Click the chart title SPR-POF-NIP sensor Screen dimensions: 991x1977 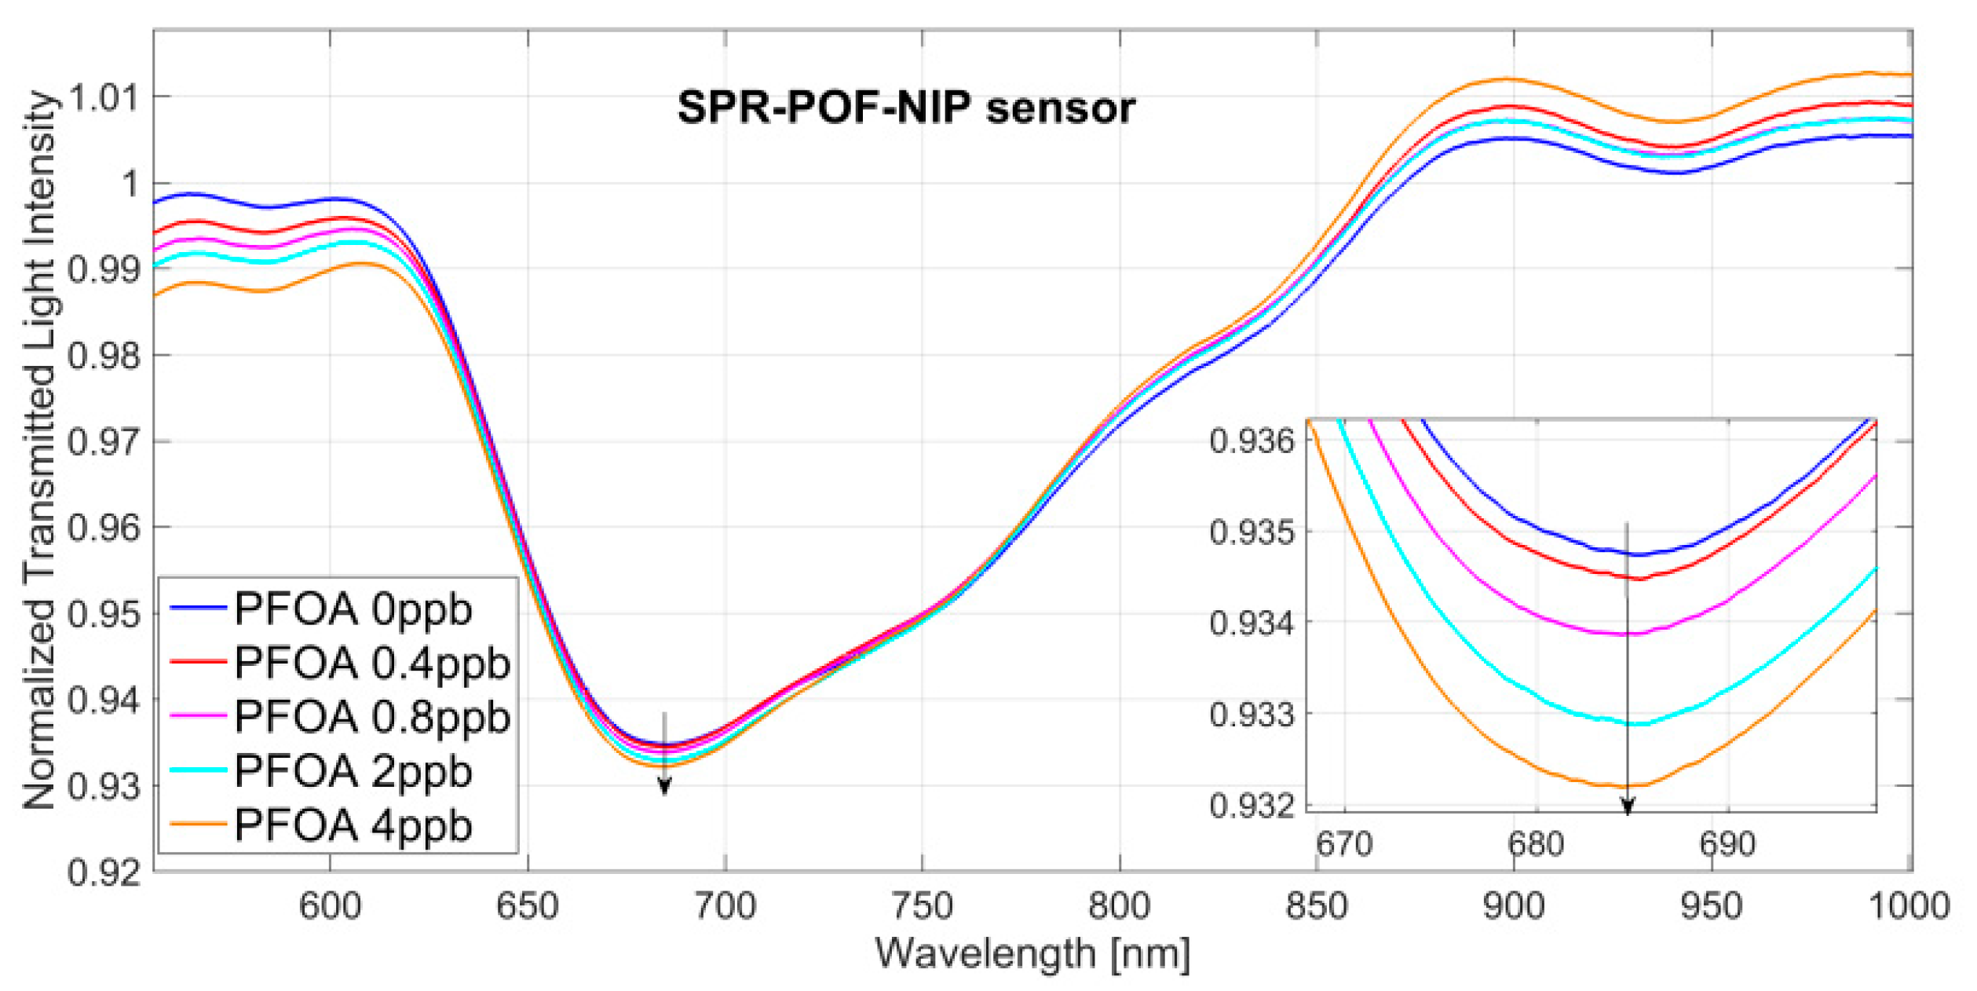[906, 108]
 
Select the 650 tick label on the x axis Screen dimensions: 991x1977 [527, 907]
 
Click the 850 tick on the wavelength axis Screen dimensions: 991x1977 [1317, 907]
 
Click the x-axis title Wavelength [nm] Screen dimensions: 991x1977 [1032, 955]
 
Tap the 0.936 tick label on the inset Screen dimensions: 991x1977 [1252, 441]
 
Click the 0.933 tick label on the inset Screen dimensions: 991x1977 [1252, 715]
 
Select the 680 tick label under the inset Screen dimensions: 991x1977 [1536, 845]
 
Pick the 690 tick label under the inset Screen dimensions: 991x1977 [1727, 845]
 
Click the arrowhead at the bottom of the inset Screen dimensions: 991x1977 [1628, 807]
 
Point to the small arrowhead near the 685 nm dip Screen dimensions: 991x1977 [664, 786]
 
